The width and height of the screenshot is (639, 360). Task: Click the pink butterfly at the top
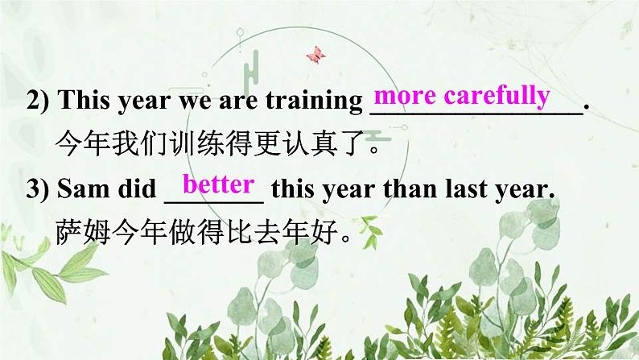315,54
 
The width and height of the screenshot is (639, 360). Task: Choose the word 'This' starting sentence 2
87,103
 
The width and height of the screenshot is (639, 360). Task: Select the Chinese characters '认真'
288,146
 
